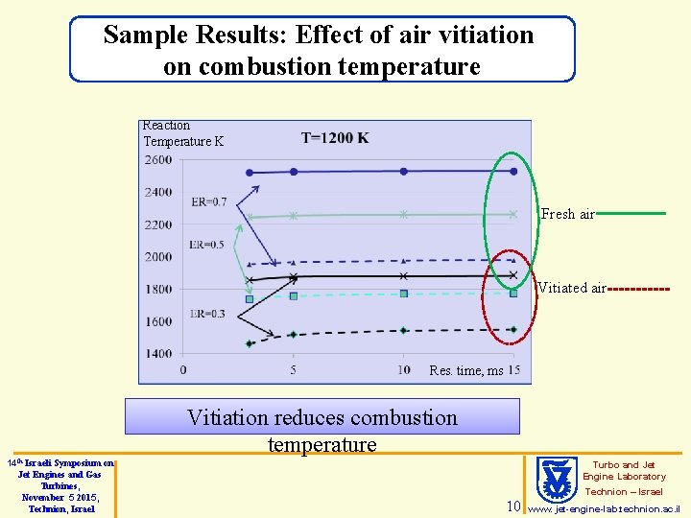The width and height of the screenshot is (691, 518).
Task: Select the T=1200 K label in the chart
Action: pos(335,138)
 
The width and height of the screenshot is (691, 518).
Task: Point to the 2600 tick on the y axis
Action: pos(158,160)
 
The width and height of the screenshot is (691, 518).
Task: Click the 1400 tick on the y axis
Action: pos(158,354)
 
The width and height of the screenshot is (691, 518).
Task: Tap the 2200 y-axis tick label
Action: pos(158,224)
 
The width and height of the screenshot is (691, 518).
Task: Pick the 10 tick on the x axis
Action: pos(403,370)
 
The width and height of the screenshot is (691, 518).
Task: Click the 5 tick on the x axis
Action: pos(293,370)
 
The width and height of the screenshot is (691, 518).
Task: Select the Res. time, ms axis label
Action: pos(465,370)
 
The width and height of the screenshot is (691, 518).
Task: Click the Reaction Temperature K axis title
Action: pos(182,133)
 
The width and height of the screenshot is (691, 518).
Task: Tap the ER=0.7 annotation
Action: pos(209,202)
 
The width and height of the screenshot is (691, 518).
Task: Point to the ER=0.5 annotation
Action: pos(206,245)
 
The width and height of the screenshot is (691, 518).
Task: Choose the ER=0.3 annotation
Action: pos(207,314)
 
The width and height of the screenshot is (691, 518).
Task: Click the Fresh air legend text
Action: pos(568,214)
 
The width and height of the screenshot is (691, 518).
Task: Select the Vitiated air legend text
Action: pos(572,288)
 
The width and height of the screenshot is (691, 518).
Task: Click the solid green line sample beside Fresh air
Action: pos(631,214)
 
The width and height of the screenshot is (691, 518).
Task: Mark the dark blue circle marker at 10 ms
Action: pos(404,171)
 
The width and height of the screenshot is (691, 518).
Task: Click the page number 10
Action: pos(512,506)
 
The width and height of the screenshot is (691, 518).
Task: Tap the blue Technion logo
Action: pos(553,477)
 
